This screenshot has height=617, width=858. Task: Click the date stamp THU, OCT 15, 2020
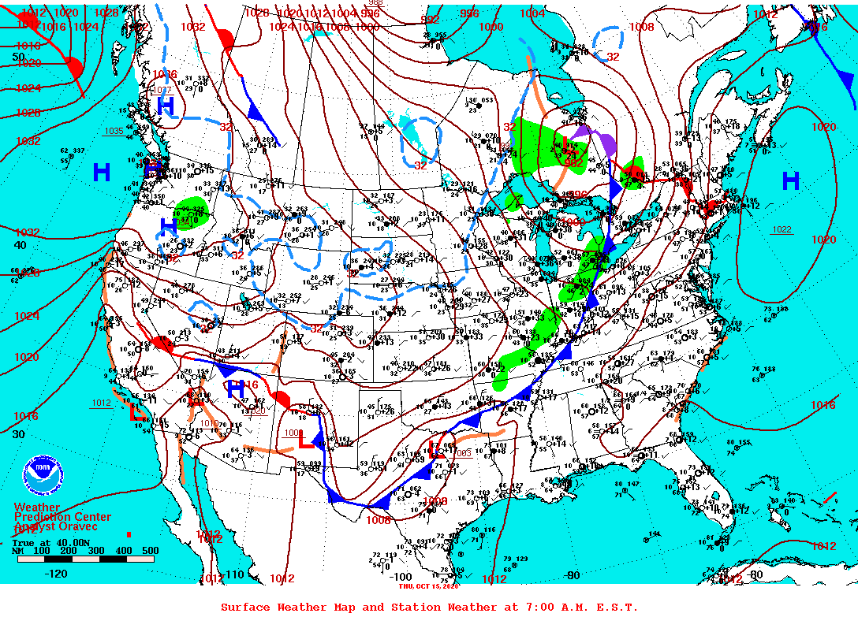click(429, 586)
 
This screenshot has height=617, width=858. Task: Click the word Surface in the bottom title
click(245, 607)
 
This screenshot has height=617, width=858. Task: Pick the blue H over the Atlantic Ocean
click(790, 182)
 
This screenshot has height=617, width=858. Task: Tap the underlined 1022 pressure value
click(782, 229)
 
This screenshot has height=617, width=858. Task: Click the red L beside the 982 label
click(566, 143)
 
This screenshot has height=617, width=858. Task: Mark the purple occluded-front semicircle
click(608, 144)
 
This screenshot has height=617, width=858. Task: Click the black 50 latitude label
click(18, 58)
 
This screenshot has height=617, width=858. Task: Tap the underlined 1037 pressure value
click(161, 90)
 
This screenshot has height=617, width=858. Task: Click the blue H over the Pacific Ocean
click(102, 172)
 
